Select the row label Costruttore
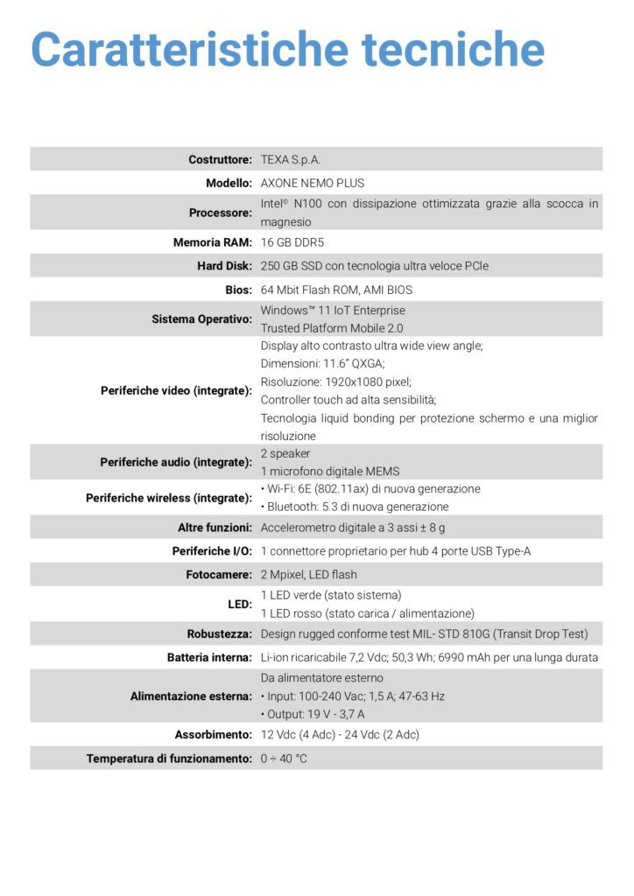(x=220, y=159)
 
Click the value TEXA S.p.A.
(x=291, y=159)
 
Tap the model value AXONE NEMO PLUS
(x=313, y=183)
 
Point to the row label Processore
(x=221, y=213)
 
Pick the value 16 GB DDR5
(x=298, y=242)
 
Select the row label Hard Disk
(x=224, y=266)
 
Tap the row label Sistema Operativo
(x=202, y=319)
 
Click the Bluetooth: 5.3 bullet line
(x=355, y=507)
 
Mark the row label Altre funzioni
(x=215, y=528)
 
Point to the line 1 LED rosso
(x=367, y=613)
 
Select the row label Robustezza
(x=220, y=634)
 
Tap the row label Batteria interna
(x=210, y=657)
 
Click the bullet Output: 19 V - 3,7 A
(x=313, y=714)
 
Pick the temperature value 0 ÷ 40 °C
(x=284, y=759)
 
